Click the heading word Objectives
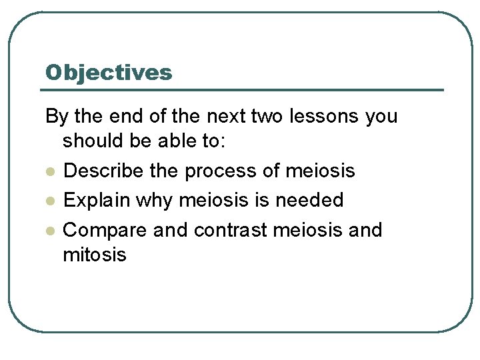[108, 73]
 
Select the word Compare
[105, 231]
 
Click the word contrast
[231, 231]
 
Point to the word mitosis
[94, 255]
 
